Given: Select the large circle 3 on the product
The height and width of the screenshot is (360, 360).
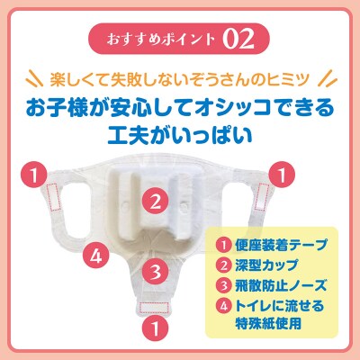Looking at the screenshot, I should (155, 269).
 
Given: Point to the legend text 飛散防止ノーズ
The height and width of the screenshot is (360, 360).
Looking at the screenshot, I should (275, 287).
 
